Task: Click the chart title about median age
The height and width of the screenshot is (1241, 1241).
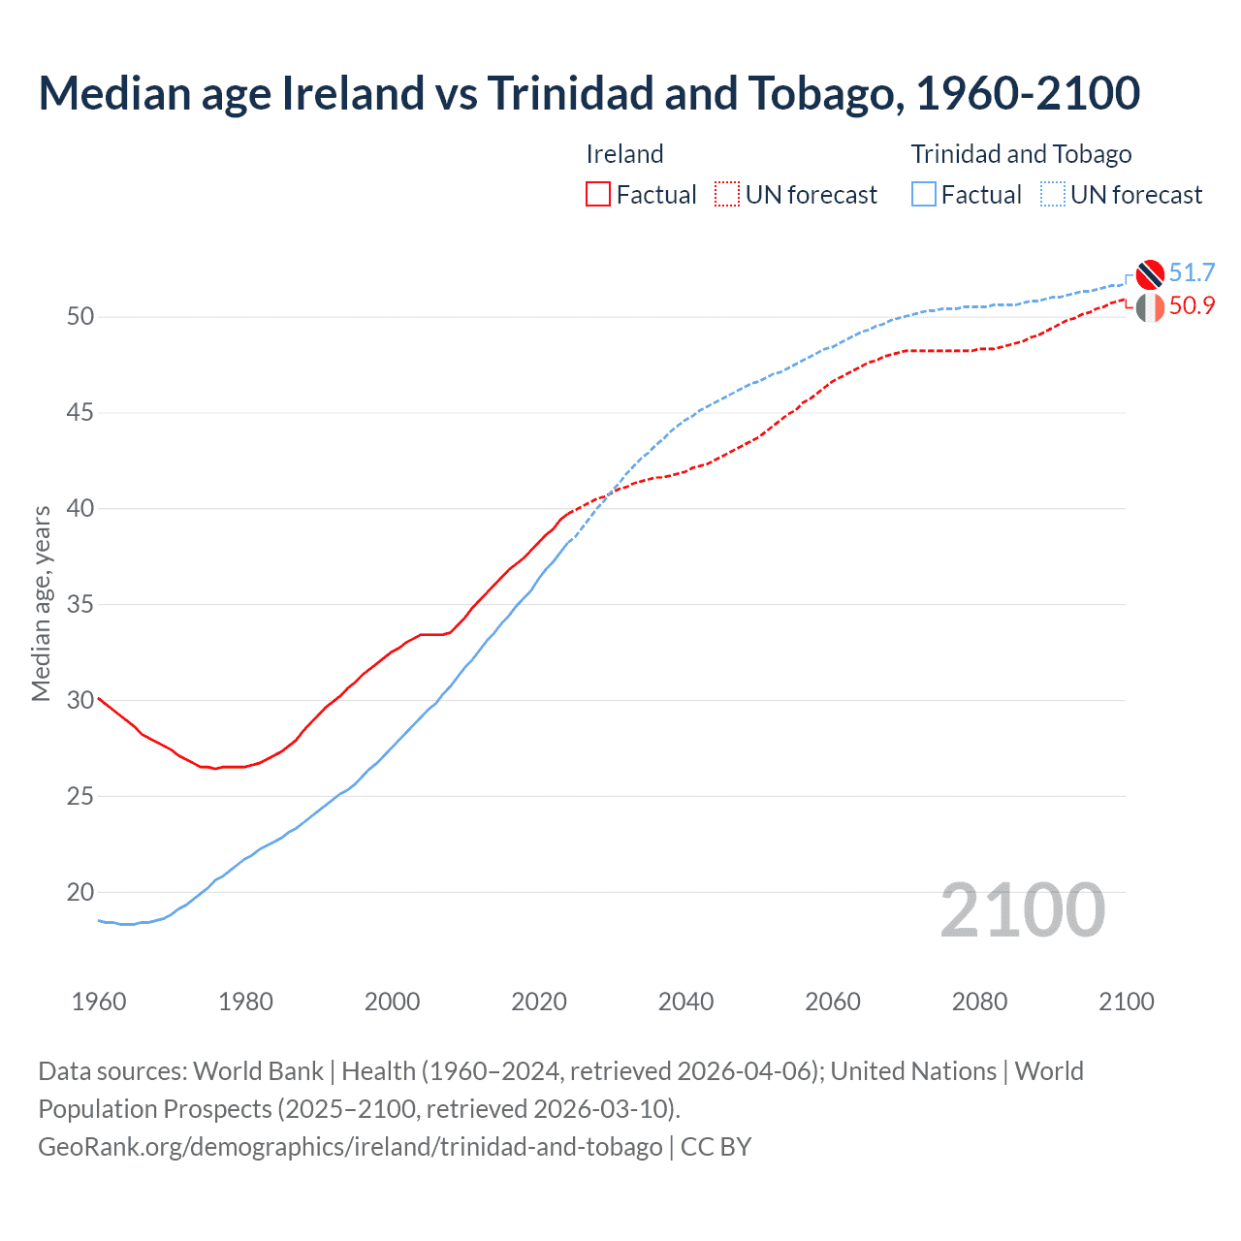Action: tap(589, 93)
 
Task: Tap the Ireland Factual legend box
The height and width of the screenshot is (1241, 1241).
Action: tap(598, 195)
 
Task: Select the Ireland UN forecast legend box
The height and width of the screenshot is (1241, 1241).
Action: tap(727, 195)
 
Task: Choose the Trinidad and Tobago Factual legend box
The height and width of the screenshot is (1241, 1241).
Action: tap(924, 195)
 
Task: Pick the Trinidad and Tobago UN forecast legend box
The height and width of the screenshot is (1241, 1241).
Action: tap(1053, 195)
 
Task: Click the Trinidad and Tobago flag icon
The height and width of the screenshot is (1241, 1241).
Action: tap(1149, 274)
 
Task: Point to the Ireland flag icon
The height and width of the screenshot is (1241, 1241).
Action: tap(1149, 307)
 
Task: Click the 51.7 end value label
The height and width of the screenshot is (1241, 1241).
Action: tap(1192, 273)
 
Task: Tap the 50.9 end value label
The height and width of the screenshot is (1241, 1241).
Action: tap(1192, 306)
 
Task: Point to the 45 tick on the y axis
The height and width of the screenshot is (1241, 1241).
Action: tap(80, 413)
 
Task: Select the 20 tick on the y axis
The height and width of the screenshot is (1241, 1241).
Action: tap(80, 892)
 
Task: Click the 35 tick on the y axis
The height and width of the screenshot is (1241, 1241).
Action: tap(80, 605)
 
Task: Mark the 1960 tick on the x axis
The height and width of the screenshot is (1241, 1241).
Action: tap(99, 1002)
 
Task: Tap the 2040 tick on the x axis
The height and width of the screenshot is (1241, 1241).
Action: tap(685, 1002)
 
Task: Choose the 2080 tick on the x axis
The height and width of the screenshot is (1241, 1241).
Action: tap(979, 1002)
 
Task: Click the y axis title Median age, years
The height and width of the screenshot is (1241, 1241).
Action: tap(41, 603)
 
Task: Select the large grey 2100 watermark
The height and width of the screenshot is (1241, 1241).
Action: tap(1022, 910)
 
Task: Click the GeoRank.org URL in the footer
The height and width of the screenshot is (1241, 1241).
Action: tap(350, 1147)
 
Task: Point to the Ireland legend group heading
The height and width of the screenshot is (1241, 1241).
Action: tap(624, 154)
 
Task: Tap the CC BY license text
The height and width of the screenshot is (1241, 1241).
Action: tap(716, 1147)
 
